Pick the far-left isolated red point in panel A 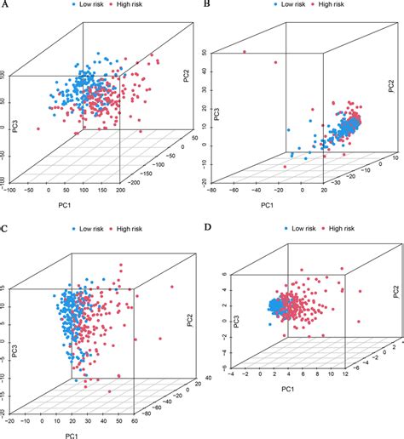pos(39,128)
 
